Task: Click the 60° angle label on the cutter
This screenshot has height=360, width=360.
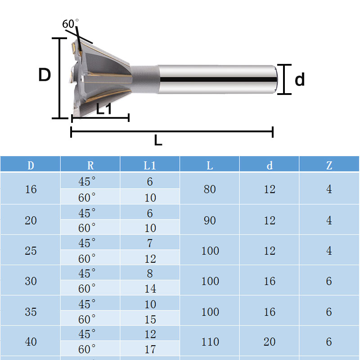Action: pyautogui.click(x=70, y=24)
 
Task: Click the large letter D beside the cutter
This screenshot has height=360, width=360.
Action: pyautogui.click(x=45, y=75)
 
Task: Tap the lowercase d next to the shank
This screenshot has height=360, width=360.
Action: pyautogui.click(x=300, y=80)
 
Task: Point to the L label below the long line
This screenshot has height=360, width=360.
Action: pyautogui.click(x=158, y=141)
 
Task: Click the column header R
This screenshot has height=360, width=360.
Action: pyautogui.click(x=90, y=165)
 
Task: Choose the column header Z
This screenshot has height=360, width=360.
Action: pyautogui.click(x=329, y=165)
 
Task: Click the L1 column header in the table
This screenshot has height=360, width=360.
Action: pyautogui.click(x=150, y=165)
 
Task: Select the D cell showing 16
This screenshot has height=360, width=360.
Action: pyautogui.click(x=31, y=189)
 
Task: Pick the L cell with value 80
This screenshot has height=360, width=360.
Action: pyautogui.click(x=210, y=189)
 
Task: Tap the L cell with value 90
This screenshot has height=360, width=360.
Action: pyautogui.click(x=210, y=220)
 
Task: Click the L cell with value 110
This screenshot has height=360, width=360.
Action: pyautogui.click(x=210, y=342)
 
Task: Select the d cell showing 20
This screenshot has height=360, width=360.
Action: pyautogui.click(x=270, y=342)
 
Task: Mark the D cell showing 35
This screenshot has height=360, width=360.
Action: pyautogui.click(x=31, y=311)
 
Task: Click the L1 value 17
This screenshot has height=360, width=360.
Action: pyautogui.click(x=150, y=349)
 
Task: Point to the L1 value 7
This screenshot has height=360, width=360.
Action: pyautogui.click(x=150, y=243)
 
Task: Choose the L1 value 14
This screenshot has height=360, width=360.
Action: pyautogui.click(x=150, y=289)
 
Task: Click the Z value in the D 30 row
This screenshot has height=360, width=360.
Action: pyautogui.click(x=329, y=281)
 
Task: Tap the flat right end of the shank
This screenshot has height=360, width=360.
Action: pyautogui.click(x=275, y=80)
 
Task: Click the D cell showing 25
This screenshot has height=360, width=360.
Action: pyautogui.click(x=31, y=251)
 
